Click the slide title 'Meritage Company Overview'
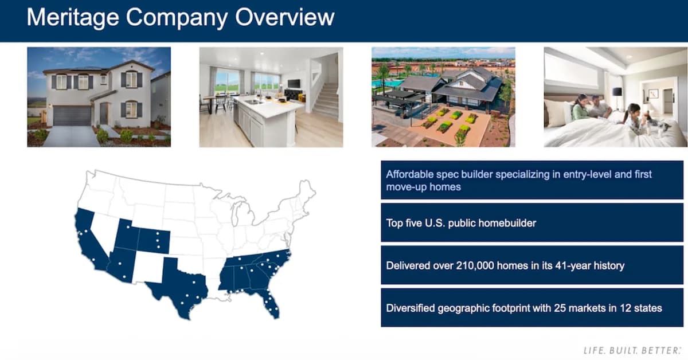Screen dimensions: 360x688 click(180, 18)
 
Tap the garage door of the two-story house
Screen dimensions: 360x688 click(72, 116)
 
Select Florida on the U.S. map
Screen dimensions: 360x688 click(269, 301)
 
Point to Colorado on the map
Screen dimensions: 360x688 click(154, 241)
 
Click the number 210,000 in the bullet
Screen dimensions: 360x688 click(482, 265)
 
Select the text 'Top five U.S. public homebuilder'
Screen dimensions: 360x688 click(461, 222)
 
